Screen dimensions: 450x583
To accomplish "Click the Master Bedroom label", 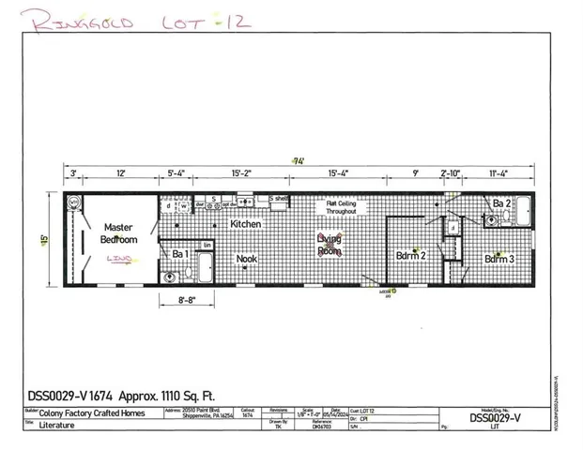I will point(119,233).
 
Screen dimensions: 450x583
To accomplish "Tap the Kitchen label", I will point(246,225).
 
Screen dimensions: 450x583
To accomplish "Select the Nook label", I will point(247,259).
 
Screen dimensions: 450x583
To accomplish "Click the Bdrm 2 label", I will point(410,256).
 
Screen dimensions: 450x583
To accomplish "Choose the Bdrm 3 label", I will point(499,258).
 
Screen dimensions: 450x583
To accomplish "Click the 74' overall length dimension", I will point(299,160).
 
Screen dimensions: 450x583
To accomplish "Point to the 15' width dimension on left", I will point(43,239).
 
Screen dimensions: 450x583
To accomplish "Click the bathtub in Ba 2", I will point(524,212).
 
